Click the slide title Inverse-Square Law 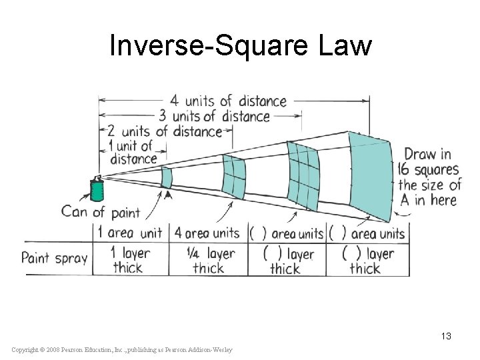click(240, 45)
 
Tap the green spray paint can click(97, 190)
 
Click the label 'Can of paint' click(101, 212)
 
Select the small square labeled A click(167, 177)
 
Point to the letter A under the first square click(167, 196)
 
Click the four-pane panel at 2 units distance click(234, 176)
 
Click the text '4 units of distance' click(228, 101)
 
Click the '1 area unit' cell click(130, 233)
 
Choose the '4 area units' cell click(207, 233)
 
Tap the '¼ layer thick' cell click(208, 260)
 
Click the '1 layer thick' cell click(131, 260)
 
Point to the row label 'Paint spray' click(55, 258)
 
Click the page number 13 click(445, 336)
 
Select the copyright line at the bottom click(123, 349)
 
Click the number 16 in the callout click(408, 169)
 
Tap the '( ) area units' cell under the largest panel click(367, 233)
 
